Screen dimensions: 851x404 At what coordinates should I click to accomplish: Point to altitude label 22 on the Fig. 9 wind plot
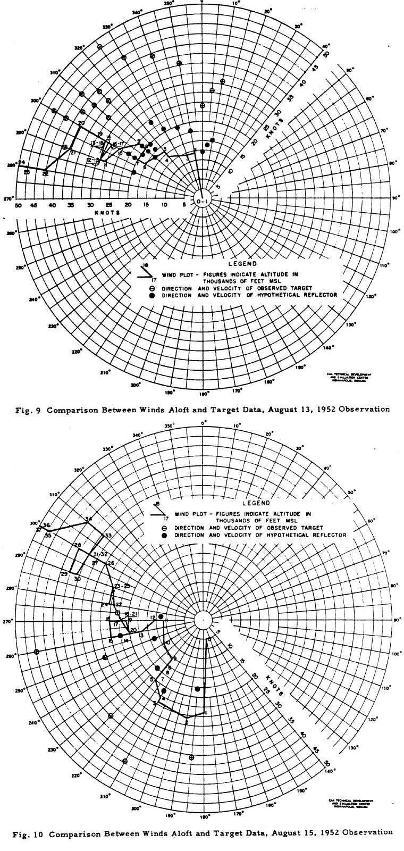(46, 173)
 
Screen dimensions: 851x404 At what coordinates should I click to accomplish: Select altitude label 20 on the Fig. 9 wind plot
(81, 123)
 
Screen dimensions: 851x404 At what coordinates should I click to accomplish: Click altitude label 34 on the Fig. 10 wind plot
(88, 519)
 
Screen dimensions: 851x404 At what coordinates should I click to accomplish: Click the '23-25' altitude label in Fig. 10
(122, 586)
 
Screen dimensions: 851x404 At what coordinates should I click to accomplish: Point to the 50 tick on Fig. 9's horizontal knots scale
(18, 205)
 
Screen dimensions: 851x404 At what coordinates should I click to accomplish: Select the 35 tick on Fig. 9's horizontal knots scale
(71, 205)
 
